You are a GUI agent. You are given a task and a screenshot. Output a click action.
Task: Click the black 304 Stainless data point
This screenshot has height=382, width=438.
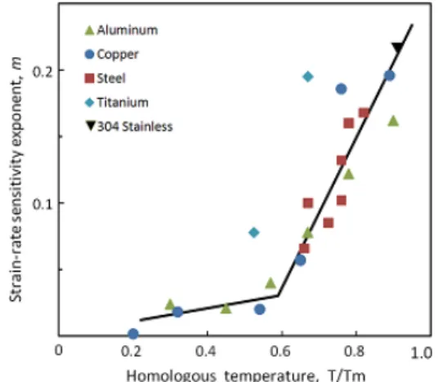(397, 48)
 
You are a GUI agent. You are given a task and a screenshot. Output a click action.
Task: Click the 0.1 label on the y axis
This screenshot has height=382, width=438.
(42, 205)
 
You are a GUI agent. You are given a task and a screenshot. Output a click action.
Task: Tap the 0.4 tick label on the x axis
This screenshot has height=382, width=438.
(206, 351)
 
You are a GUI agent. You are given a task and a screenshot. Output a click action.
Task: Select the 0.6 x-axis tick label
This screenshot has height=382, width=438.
(280, 351)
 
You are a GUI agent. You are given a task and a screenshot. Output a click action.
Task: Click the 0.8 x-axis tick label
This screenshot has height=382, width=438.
(354, 351)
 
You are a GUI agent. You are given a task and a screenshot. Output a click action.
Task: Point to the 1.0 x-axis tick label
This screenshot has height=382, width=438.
(421, 353)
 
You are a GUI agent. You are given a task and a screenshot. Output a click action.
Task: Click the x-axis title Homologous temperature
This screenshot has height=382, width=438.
(246, 375)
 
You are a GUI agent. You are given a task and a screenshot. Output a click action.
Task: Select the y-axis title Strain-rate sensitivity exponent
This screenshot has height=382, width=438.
(16, 180)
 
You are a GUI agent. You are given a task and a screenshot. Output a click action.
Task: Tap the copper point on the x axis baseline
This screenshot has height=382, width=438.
(133, 334)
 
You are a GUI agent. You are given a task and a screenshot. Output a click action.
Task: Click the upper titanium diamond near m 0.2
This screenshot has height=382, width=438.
(308, 77)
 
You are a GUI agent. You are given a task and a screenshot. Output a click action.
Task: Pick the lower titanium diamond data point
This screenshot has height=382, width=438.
(253, 232)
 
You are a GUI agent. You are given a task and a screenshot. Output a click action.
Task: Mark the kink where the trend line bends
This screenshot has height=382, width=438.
(278, 295)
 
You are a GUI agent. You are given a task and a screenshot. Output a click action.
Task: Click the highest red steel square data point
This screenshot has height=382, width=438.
(364, 113)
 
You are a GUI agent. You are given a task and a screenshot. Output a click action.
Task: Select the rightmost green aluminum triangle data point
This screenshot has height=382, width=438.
(393, 121)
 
